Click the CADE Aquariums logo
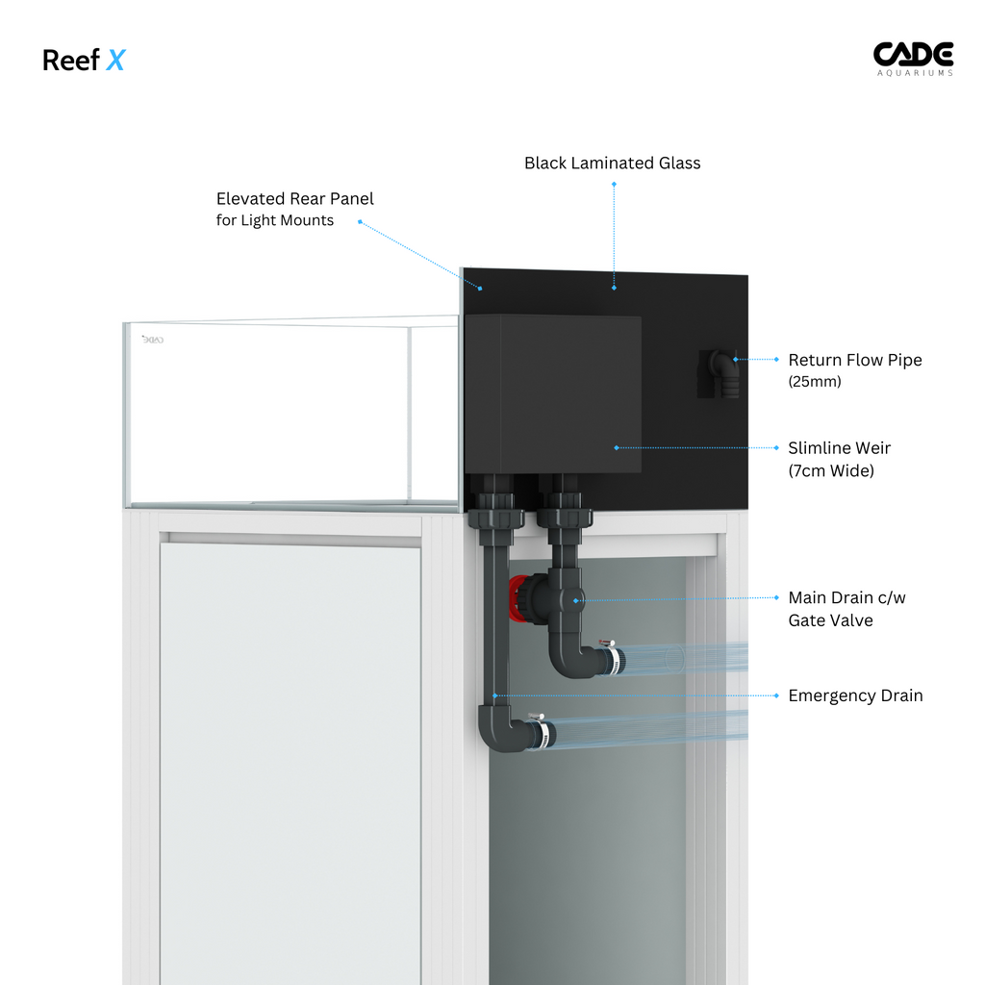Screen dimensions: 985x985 coord(912,59)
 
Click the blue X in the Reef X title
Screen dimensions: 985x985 coord(115,61)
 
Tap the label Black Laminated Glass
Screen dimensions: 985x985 coord(612,164)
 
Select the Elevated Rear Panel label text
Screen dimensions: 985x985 coord(294,199)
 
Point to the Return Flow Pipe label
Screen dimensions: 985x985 coord(854,361)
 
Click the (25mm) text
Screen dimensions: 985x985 coord(814,382)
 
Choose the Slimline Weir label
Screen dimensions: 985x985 coord(839,448)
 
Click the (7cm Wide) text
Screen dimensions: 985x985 coord(831,471)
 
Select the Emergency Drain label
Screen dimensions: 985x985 coord(855,695)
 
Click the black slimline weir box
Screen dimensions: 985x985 coord(553,394)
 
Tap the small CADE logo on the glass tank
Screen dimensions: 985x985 coord(153,340)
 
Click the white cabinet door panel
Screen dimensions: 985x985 coord(290,750)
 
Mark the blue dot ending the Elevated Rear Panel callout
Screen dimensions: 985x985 coord(481,286)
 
